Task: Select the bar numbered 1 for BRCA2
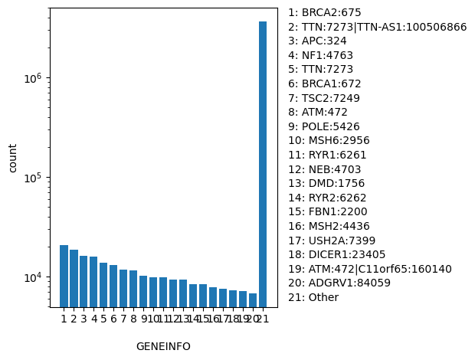click(64, 276)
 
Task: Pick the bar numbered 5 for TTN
click(103, 284)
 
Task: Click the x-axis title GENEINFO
click(163, 346)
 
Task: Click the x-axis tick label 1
click(64, 318)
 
